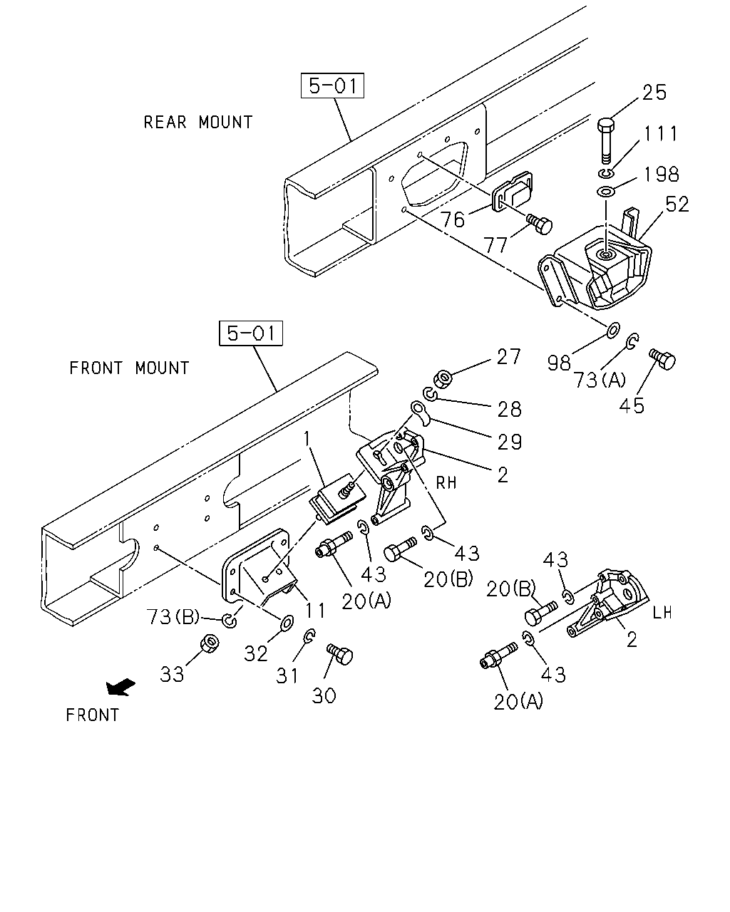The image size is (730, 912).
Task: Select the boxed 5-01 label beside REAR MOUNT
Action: pos(332,85)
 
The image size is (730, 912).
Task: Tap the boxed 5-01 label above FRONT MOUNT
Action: pos(251,333)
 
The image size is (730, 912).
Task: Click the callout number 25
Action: pos(654,93)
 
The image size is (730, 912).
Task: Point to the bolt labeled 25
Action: pos(607,140)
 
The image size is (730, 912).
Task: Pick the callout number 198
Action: pos(662,174)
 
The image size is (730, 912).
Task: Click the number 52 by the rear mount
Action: pos(677,204)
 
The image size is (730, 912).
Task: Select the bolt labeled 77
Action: pos(540,224)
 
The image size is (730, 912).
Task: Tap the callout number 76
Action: pos(453,219)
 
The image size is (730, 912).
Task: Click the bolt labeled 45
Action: pos(662,359)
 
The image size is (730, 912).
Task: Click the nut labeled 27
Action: pos(443,378)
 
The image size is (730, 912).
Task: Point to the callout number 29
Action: pos(510,442)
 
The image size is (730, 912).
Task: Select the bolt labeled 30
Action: pos(340,655)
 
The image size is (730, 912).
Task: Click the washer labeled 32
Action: pos(287,622)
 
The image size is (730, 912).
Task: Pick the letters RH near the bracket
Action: pos(446,482)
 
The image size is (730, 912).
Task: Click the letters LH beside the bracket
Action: pos(662,613)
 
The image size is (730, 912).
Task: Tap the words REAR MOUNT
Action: pos(198,123)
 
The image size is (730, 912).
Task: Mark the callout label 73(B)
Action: pos(173,617)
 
